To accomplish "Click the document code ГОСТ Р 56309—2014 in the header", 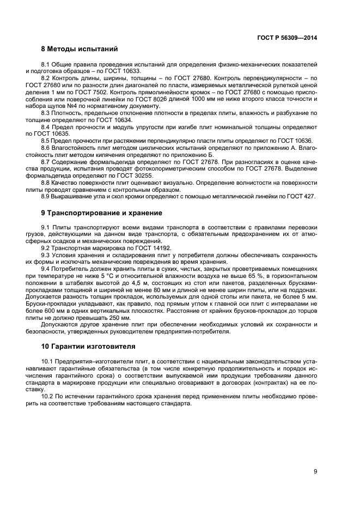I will [287, 38].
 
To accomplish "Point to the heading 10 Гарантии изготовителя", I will [89, 345].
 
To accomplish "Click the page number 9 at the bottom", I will [315, 471].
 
